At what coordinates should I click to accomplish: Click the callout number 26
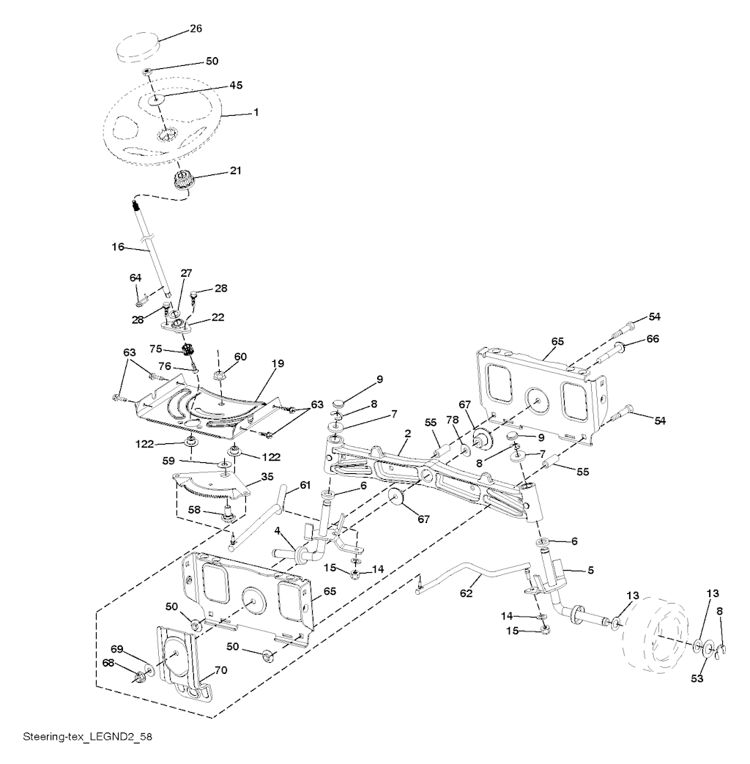(196, 29)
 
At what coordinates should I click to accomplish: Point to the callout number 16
(118, 248)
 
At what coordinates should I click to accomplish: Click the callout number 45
(216, 85)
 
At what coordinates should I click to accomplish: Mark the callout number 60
(240, 357)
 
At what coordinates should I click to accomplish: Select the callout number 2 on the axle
(406, 434)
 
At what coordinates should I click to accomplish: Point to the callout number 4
(278, 530)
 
